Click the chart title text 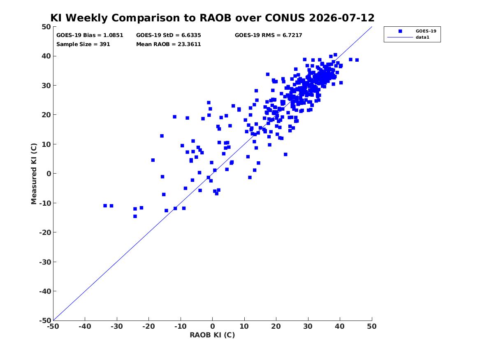pos(212,18)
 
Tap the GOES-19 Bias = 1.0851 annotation pos(90,35)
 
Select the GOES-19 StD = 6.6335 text pos(169,35)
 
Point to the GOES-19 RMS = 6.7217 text pos(269,35)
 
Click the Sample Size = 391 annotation pos(83,44)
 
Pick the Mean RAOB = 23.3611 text pos(169,44)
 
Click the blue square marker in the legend pos(400,31)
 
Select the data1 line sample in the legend pos(400,37)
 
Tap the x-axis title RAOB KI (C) pos(213,335)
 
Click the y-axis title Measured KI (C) pos(34,174)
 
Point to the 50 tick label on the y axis pos(46,27)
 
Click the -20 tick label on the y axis pos(45,232)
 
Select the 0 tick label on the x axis pos(213,326)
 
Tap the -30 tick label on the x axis pos(117,326)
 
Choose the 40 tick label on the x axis pos(340,326)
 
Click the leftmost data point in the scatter pos(105,206)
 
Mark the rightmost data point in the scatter pos(357,60)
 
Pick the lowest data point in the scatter pos(135,216)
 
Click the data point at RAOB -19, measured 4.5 pos(153,160)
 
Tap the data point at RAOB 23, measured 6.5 pos(285,155)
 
